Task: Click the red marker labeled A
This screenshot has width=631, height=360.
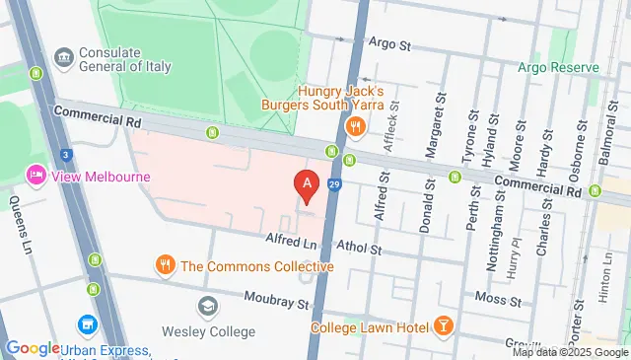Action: pos(308,183)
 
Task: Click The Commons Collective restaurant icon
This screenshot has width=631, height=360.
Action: pos(165,265)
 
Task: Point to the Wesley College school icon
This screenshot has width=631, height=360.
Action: pos(207,307)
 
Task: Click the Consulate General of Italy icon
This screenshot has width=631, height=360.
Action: pos(64,58)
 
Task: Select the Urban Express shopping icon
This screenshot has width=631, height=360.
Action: pos(87,324)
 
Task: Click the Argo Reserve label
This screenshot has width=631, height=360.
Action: pos(559,67)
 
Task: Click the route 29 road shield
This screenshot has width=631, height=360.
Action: pos(335,184)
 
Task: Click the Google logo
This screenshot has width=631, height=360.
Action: pos(32,348)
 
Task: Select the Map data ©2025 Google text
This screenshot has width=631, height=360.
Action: pos(568,352)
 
